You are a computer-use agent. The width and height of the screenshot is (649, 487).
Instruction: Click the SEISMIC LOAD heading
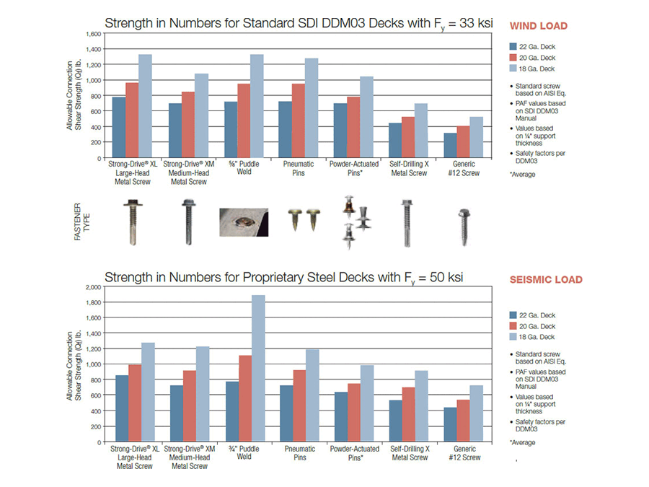pos(546,280)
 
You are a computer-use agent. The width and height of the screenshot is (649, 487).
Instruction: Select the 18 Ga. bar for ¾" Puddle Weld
pos(257,368)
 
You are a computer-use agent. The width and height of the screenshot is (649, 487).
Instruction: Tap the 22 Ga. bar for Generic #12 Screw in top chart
pos(449,145)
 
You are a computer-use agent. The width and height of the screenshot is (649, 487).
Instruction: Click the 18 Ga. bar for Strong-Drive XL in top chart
pos(146,106)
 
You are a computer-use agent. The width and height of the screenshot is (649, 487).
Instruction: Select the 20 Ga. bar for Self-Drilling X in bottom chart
pos(408,414)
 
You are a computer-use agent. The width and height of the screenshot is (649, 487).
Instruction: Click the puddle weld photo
pos(243,222)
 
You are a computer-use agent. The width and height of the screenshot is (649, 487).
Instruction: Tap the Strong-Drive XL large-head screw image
pos(133,214)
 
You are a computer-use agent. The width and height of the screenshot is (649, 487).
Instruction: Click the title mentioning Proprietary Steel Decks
pos(284,276)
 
